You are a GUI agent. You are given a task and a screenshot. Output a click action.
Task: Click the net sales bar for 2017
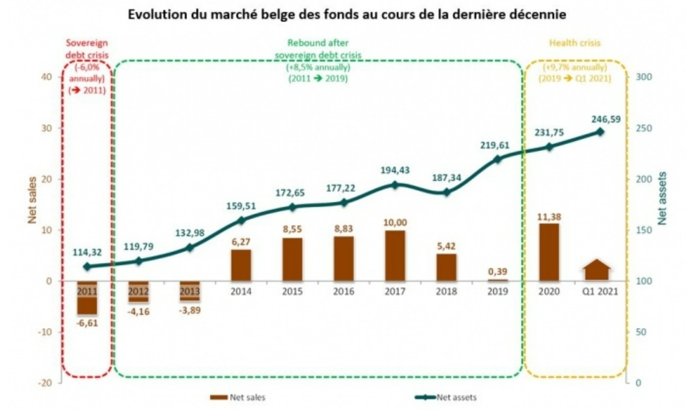[395, 256]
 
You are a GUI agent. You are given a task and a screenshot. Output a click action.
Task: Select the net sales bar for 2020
[549, 252]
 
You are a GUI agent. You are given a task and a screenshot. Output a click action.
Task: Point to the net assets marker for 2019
[498, 159]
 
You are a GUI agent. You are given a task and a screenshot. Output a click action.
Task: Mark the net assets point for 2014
[241, 220]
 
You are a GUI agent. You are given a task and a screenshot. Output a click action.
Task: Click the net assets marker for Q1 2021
[600, 132]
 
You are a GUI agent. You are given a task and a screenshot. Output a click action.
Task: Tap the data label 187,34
[446, 178]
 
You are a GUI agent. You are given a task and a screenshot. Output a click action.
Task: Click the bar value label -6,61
[87, 323]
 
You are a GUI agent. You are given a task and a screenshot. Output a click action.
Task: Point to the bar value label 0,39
[498, 272]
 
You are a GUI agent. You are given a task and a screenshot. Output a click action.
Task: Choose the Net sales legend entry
[238, 397]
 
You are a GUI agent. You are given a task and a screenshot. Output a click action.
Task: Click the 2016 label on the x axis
[344, 291]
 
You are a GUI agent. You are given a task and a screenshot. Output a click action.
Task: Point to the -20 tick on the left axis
[46, 383]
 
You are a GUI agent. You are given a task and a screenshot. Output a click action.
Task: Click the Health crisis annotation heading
[575, 43]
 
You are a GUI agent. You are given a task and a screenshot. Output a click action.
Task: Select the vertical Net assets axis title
[662, 198]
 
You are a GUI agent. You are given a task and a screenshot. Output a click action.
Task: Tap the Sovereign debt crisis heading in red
[87, 49]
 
